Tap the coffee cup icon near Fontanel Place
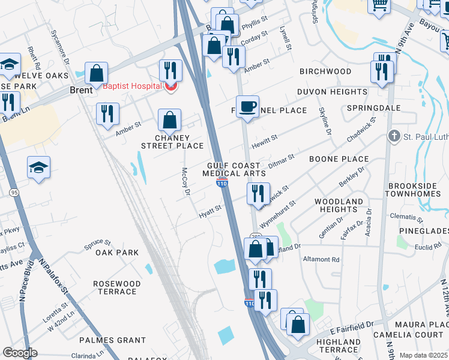click(247, 107)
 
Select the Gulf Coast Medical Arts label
click(234, 169)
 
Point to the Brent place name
click(81, 90)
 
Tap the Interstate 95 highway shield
click(14, 192)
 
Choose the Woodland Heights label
click(339, 205)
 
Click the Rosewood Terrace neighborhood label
click(117, 287)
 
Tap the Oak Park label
click(117, 253)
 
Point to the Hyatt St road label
click(211, 209)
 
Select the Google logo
click(20, 353)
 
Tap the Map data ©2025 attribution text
click(423, 355)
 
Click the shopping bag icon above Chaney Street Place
click(170, 121)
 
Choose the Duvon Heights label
click(332, 92)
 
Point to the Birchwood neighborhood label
click(325, 71)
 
